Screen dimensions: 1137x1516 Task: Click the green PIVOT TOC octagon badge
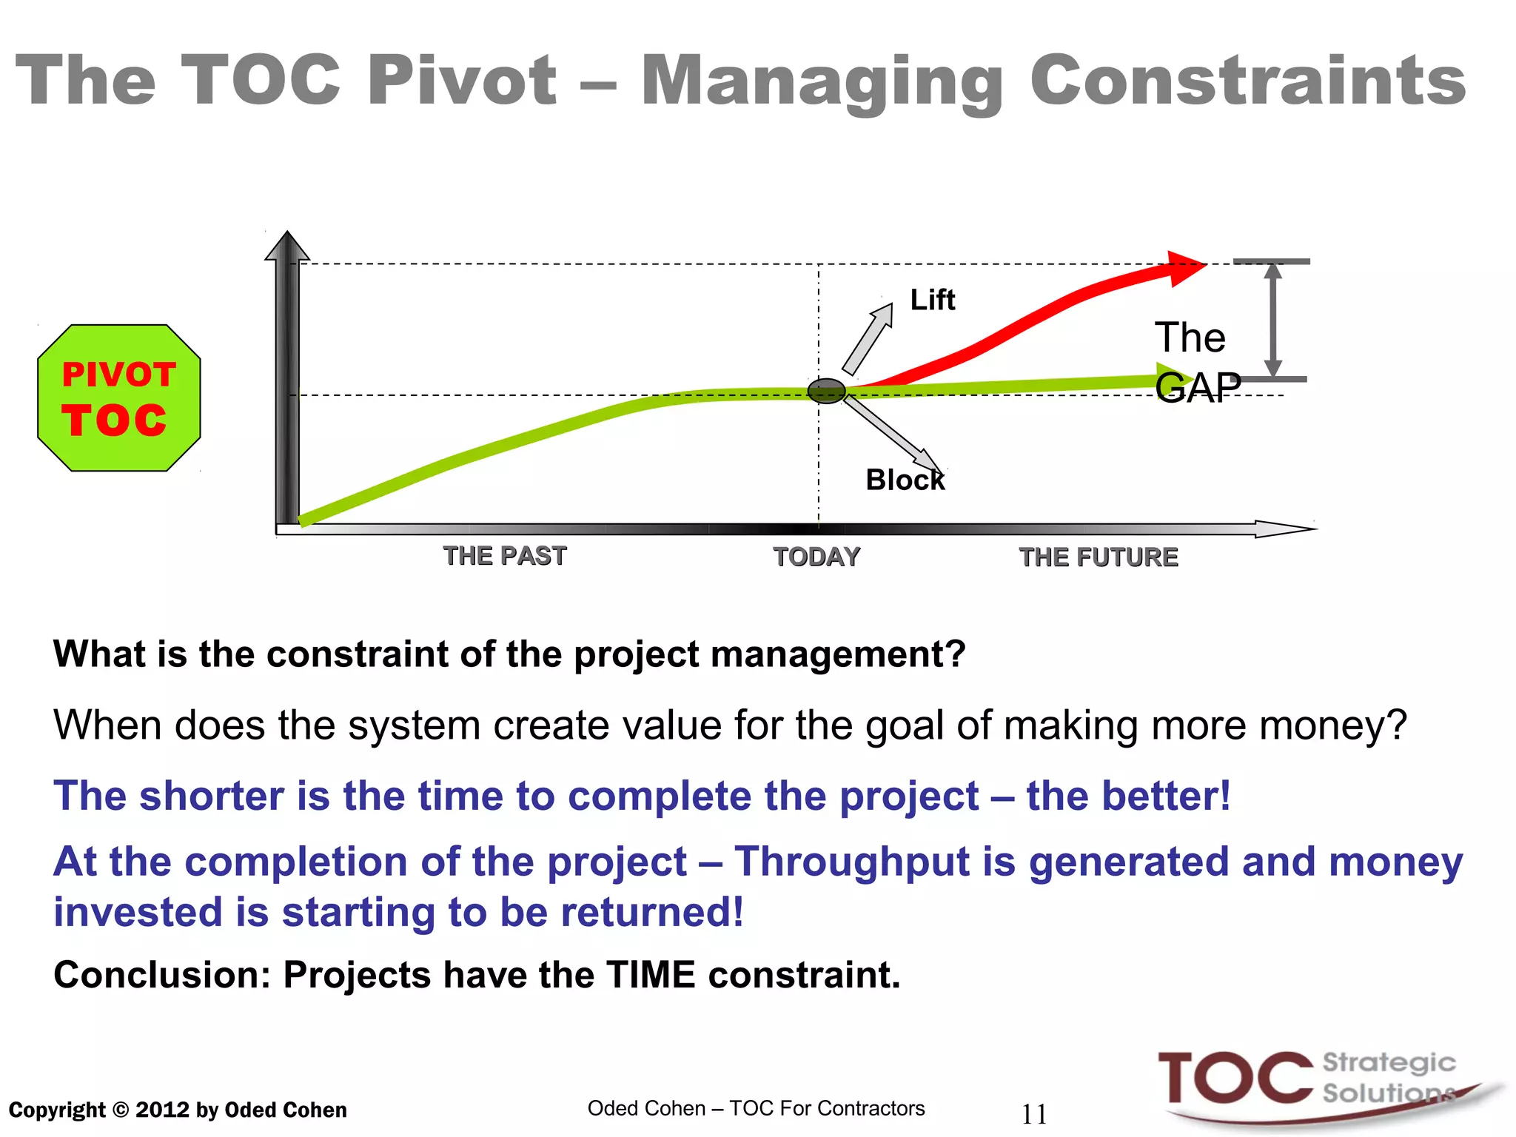pyautogui.click(x=118, y=398)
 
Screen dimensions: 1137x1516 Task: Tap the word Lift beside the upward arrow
pyautogui.click(x=932, y=300)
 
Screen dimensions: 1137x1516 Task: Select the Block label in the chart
pyautogui.click(x=905, y=480)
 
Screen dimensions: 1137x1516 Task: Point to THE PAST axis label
pyautogui.click(x=505, y=556)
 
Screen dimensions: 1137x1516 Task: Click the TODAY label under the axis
pyautogui.click(x=816, y=557)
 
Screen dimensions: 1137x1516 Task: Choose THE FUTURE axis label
pyautogui.click(x=1098, y=557)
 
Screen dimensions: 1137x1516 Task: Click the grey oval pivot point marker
pyautogui.click(x=826, y=391)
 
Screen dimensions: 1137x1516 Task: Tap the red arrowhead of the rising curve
pyautogui.click(x=1184, y=268)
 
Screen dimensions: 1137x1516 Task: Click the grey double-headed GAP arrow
pyautogui.click(x=1272, y=320)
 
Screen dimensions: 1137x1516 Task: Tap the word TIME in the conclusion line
pyautogui.click(x=651, y=974)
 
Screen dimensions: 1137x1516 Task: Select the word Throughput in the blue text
pyautogui.click(x=851, y=862)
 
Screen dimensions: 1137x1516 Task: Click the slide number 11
pyautogui.click(x=1034, y=1114)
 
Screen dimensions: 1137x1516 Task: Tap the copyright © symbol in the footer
pyautogui.click(x=121, y=1110)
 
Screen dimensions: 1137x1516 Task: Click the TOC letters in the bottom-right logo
pyautogui.click(x=1235, y=1079)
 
